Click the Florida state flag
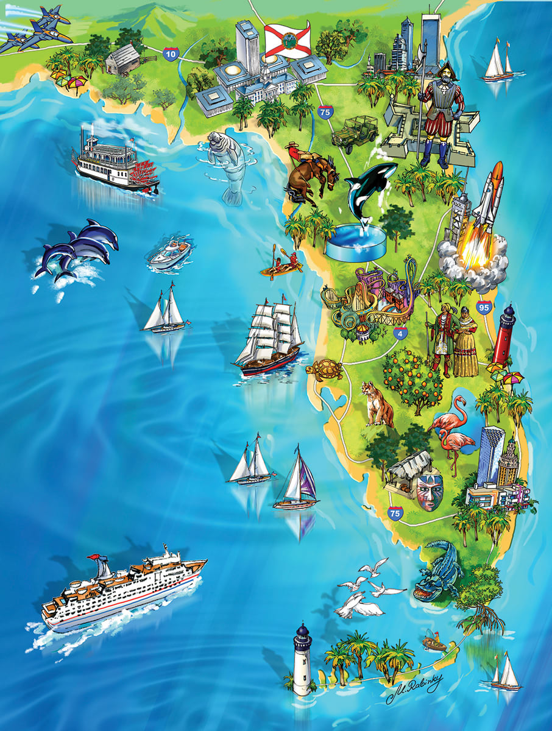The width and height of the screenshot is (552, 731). click(287, 40)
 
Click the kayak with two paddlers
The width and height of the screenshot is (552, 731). click(281, 266)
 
